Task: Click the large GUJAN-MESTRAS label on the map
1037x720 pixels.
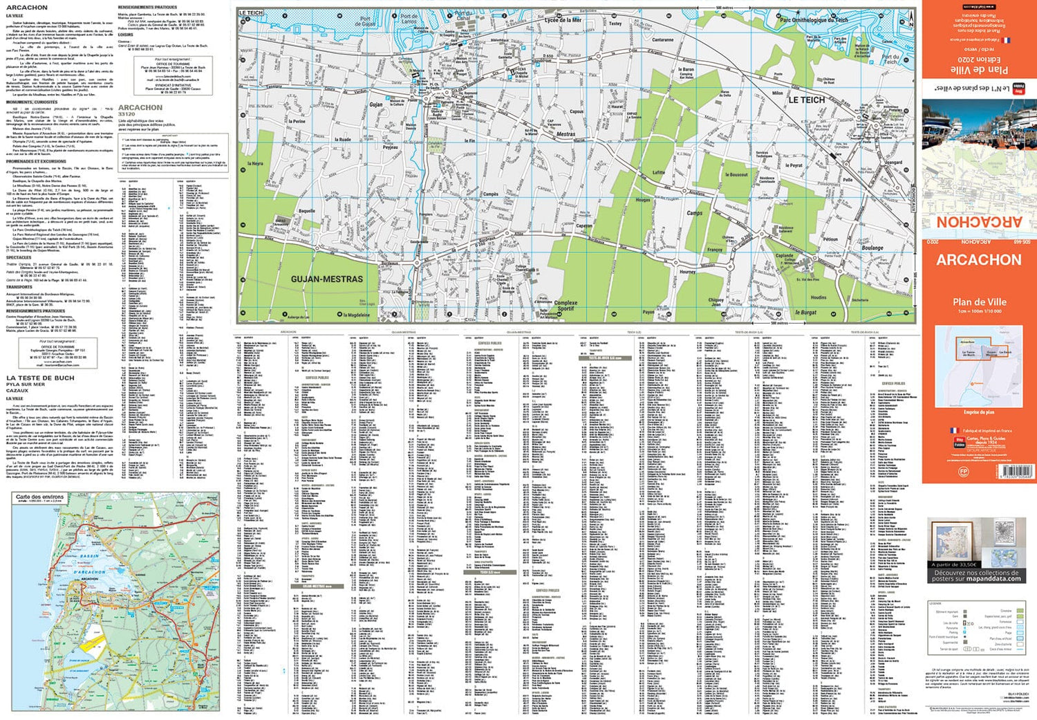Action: point(326,279)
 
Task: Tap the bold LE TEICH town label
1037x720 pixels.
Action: point(807,100)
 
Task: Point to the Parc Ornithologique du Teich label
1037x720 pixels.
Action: point(814,20)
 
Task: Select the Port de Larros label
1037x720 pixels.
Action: point(409,19)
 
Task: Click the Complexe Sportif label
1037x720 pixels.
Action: point(565,306)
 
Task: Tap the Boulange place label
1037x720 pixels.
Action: point(872,248)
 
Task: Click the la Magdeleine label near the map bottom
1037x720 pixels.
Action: point(357,315)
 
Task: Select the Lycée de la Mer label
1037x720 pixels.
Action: point(563,20)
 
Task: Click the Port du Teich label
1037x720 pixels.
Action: point(890,59)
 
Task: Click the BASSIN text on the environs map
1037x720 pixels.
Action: point(90,556)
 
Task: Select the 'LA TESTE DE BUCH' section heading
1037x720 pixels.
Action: point(40,378)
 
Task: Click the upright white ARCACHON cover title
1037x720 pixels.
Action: point(978,260)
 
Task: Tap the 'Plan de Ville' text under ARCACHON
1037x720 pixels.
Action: point(979,302)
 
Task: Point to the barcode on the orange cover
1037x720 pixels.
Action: point(1016,471)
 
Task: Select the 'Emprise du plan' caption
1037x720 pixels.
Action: point(978,412)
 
